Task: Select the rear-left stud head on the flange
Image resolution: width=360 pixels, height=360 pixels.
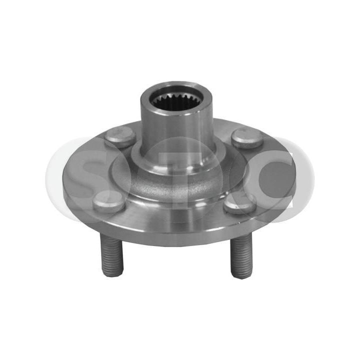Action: (x=120, y=136)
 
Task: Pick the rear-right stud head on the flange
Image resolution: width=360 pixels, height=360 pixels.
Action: (x=247, y=137)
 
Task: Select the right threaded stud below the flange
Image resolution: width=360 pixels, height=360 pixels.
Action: (x=239, y=257)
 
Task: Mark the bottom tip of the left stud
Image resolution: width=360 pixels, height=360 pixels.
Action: (x=112, y=274)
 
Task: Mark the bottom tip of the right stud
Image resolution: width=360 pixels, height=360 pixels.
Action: (x=240, y=276)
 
